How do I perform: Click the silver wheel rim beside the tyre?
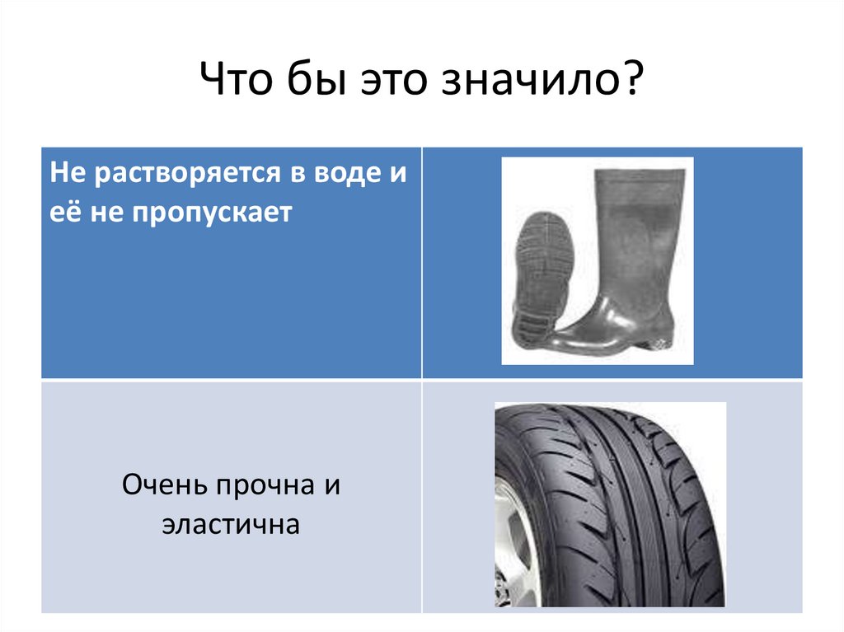click(x=513, y=544)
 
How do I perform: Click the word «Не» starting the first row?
click(x=63, y=176)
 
